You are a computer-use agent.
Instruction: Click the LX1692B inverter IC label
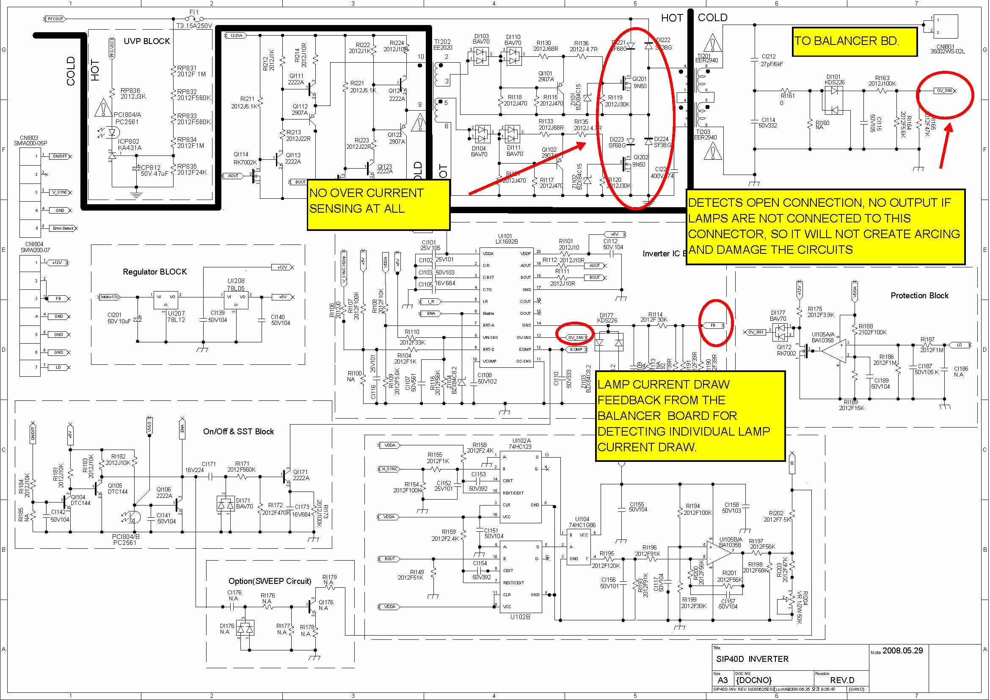(507, 242)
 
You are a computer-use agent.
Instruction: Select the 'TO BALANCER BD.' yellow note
(847, 41)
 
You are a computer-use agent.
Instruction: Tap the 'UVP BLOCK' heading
(146, 42)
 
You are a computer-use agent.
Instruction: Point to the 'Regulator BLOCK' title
(155, 272)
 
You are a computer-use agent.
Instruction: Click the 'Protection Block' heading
(919, 296)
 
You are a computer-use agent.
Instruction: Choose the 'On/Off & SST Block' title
(238, 431)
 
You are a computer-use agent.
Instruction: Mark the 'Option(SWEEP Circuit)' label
(270, 581)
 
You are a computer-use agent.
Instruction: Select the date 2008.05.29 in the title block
(903, 650)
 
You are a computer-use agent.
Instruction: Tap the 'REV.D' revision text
(842, 680)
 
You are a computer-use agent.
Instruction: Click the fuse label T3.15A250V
(194, 26)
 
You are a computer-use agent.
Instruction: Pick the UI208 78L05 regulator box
(236, 298)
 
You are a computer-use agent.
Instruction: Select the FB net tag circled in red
(713, 325)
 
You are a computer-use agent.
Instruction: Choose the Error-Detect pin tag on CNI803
(63, 228)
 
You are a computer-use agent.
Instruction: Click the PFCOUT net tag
(55, 19)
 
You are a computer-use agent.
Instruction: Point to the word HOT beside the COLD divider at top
(672, 18)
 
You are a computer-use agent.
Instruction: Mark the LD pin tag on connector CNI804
(58, 368)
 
